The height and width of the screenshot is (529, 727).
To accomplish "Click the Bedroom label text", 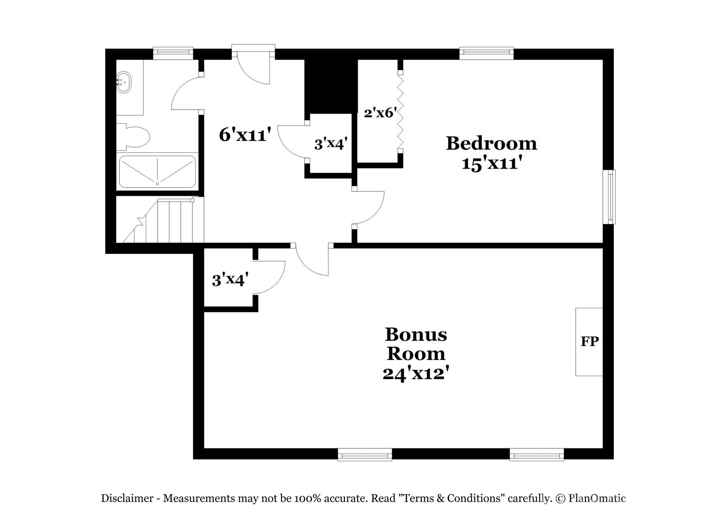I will click(x=491, y=144).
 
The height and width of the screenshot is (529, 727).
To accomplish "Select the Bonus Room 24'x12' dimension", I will click(x=416, y=374).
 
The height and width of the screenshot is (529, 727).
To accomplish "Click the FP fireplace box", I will click(x=589, y=342).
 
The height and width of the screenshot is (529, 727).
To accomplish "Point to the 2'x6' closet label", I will click(x=380, y=112).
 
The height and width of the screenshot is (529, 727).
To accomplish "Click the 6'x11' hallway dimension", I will click(x=245, y=135).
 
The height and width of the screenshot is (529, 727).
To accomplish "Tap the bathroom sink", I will click(x=124, y=82).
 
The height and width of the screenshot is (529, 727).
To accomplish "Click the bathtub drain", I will click(x=157, y=183).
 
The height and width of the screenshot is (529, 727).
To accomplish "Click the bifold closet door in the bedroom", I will click(x=400, y=110).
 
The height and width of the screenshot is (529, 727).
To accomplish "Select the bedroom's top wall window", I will click(x=487, y=52).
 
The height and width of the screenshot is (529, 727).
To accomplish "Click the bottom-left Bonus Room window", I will click(x=365, y=455).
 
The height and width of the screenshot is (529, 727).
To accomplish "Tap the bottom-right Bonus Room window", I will click(x=537, y=455).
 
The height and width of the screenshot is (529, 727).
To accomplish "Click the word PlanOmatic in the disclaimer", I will click(x=597, y=498).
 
